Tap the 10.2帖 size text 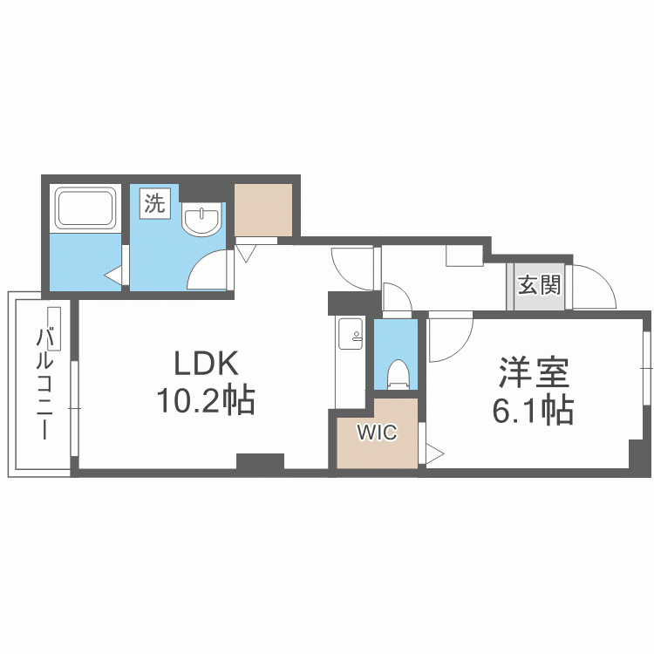point(206,400)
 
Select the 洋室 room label point(534,372)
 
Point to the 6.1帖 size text point(533,409)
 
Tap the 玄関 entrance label point(538,286)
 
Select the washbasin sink point(202,220)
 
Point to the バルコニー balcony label point(43,385)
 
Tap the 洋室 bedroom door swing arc point(449,336)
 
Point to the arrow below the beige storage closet point(246,254)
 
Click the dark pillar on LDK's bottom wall point(260,462)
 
